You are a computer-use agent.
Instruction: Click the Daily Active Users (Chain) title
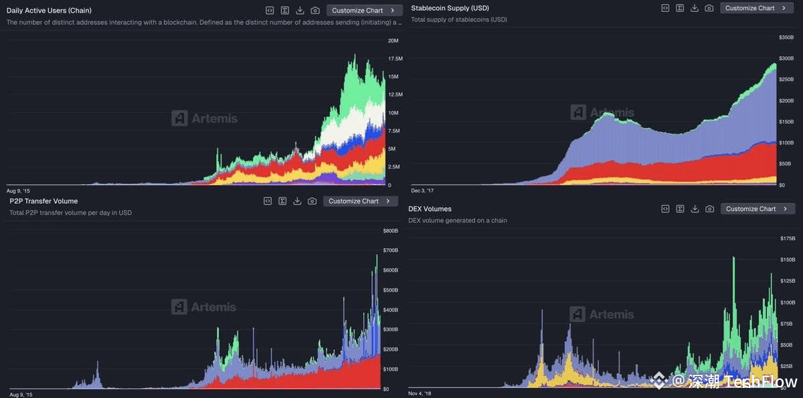49,11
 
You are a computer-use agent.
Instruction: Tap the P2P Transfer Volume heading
43,201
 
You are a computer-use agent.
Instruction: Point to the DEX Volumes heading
430,209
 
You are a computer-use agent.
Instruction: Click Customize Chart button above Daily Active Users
364,11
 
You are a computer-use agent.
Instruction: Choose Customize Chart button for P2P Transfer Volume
360,201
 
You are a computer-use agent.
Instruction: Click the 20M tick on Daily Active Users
393,41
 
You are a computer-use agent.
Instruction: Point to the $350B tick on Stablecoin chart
786,37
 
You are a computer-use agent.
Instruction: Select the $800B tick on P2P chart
390,231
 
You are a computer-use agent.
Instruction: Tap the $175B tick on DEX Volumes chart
788,238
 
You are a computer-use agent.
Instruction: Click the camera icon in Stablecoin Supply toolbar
709,8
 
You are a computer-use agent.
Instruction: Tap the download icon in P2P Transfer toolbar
297,201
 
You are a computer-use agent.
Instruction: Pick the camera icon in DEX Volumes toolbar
709,209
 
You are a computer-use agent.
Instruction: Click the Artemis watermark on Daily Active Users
205,118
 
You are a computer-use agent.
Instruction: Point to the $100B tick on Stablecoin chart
786,143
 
